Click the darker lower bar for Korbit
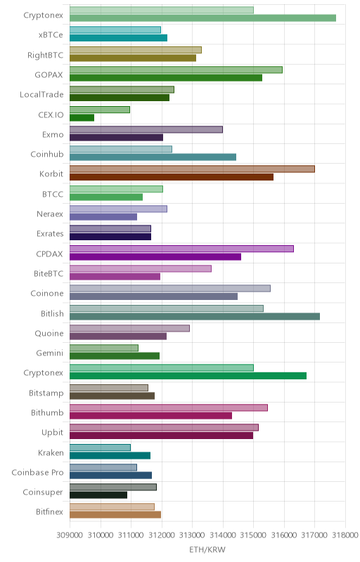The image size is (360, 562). point(172,177)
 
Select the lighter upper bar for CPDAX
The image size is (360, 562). point(181,249)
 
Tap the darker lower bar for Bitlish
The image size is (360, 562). point(195,317)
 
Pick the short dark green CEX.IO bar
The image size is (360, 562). point(82,117)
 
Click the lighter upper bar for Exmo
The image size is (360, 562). point(146,129)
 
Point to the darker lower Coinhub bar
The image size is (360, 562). point(153,157)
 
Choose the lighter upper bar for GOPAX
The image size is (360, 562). point(176,70)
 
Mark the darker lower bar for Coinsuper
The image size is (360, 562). point(98,495)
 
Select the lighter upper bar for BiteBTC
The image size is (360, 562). point(141,268)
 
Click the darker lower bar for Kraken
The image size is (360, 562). point(110,455)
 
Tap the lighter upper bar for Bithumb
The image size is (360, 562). point(169,407)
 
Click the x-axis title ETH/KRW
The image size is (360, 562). point(207,549)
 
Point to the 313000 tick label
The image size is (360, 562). point(192,535)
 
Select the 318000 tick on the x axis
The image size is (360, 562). point(345,535)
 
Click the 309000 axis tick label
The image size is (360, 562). point(70,535)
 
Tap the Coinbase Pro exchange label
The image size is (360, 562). point(37,472)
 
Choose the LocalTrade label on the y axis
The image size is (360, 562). point(41,95)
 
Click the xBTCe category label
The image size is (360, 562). point(51,34)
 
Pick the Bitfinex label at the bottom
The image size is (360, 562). point(49,512)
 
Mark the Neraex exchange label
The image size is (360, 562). point(50,214)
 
